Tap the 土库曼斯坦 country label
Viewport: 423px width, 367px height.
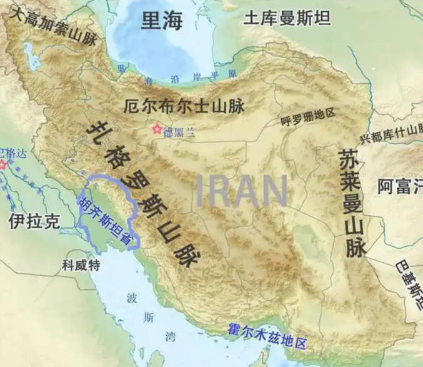[x=287, y=18]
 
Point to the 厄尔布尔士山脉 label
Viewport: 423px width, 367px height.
[x=184, y=105]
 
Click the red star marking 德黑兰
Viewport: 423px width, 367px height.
[x=156, y=129]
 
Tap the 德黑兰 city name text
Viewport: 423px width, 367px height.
[x=179, y=132]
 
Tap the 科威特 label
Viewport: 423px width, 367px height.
[x=81, y=265]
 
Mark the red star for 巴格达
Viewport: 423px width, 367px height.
[x=3, y=165]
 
